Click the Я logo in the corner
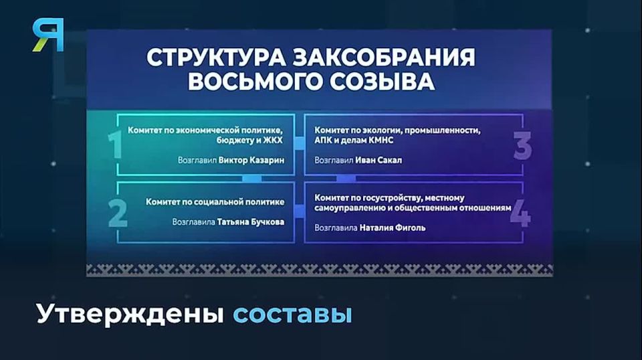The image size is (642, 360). pos(48,35)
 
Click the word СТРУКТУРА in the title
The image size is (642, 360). pos(216,58)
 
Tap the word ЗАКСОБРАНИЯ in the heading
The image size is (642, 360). pos(385,58)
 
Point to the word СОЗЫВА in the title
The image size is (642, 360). pos(382,82)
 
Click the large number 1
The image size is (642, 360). pos(115,144)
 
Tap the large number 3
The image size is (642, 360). pos(522,146)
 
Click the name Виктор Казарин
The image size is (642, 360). pos(251,160)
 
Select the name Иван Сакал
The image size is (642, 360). pos(379,160)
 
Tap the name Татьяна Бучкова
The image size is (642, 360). pos(251,222)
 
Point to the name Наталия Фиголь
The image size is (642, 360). pos(393,228)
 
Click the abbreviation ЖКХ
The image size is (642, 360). pos(273,141)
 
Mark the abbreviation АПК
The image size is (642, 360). pos(322,141)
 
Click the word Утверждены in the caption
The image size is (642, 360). pos(130,314)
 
